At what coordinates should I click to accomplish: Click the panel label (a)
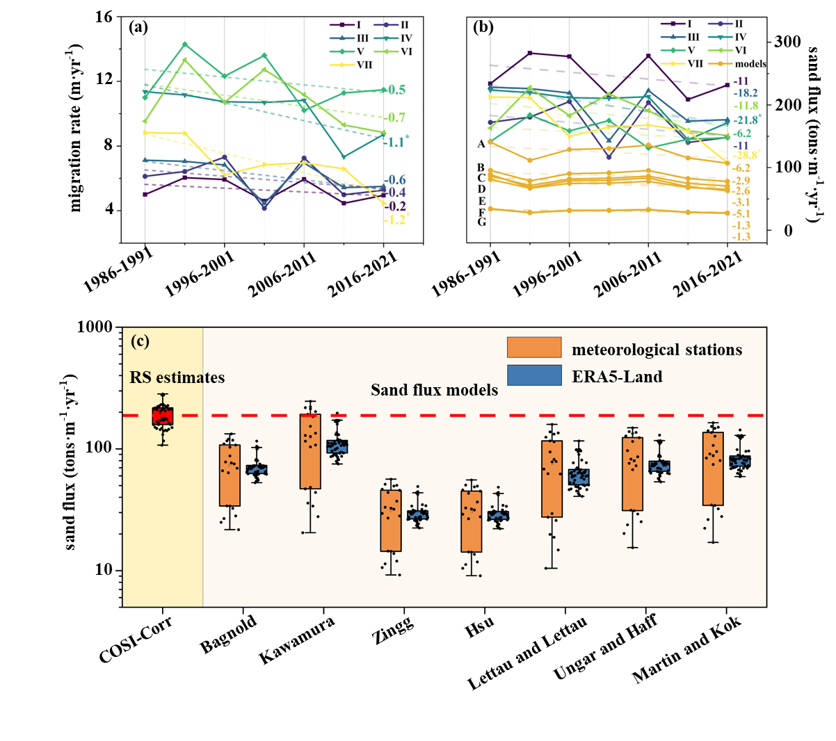(138, 28)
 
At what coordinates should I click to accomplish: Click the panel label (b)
(483, 28)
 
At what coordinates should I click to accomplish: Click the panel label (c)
(140, 341)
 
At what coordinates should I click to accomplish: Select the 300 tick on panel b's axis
(787, 42)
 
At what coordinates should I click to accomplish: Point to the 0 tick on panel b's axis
(788, 231)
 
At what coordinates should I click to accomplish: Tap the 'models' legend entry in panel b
(750, 64)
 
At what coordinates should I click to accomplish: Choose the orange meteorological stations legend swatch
(534, 348)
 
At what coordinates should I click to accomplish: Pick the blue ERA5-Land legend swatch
(534, 375)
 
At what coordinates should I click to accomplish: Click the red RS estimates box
(163, 416)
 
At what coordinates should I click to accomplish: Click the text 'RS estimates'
(177, 378)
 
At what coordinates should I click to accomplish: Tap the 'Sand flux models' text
(435, 390)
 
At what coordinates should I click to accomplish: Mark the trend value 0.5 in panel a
(397, 90)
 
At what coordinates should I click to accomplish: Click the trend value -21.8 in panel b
(746, 120)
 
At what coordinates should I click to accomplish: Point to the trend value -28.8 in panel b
(746, 156)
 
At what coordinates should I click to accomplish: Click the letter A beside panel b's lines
(481, 144)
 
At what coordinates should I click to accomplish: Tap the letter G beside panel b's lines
(481, 222)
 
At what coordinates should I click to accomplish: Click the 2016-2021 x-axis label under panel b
(708, 277)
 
